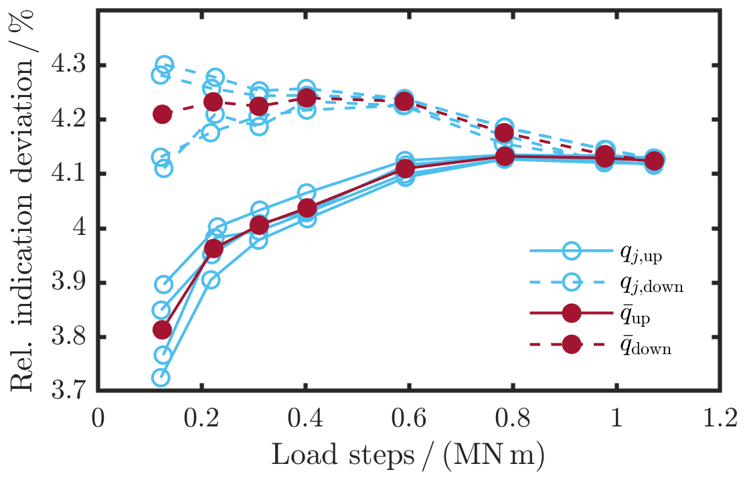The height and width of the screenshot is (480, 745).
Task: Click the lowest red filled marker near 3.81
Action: coord(162,329)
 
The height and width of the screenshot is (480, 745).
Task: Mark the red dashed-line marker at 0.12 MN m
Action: coord(162,114)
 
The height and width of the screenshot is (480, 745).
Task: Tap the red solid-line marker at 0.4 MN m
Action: coord(307,208)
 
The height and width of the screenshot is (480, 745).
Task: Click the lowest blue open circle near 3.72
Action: coord(161,378)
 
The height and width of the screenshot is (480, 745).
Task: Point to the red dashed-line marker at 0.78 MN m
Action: coord(505,133)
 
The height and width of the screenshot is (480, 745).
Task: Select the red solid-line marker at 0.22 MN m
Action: coord(214,249)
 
